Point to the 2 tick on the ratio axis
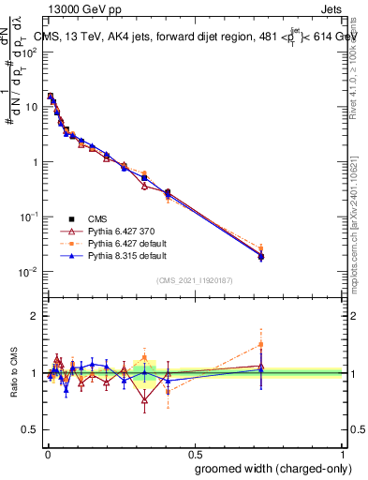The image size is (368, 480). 34,316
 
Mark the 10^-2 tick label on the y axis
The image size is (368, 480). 27,272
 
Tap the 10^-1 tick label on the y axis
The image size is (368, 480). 27,217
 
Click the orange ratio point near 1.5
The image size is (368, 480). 261,344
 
